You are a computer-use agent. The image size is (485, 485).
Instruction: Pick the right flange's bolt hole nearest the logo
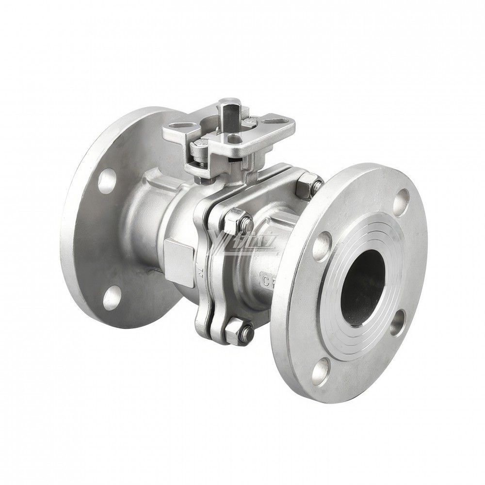[x=322, y=245]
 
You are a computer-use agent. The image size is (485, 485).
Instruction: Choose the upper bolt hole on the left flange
[x=106, y=181]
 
